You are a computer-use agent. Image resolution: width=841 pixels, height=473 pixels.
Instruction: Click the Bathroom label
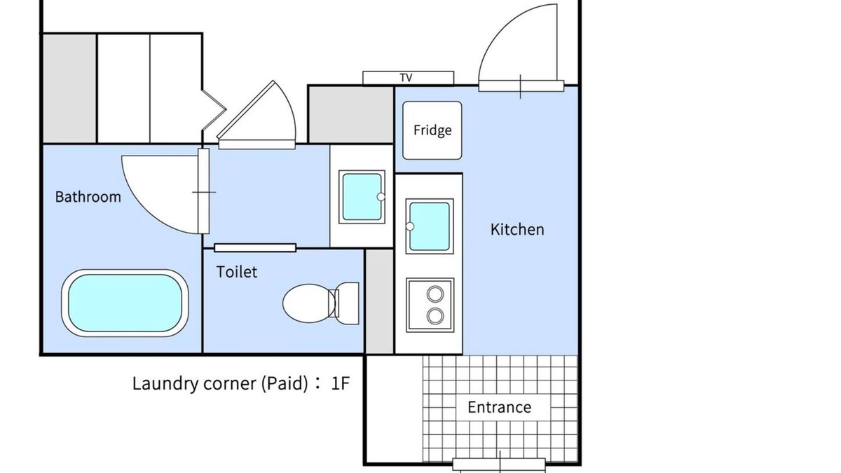click(x=88, y=197)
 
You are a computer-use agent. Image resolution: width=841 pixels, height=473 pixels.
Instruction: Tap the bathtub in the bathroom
click(x=125, y=303)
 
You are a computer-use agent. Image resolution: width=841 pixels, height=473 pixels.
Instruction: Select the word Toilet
click(x=237, y=272)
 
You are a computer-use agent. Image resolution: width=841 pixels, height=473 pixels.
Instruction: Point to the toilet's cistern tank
click(x=348, y=303)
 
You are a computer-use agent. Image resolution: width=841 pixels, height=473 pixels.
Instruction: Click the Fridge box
click(x=432, y=130)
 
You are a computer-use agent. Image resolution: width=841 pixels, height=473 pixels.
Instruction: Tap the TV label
click(x=406, y=78)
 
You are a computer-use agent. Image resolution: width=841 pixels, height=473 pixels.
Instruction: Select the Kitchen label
click(x=517, y=229)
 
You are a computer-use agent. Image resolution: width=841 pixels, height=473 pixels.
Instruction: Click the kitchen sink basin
click(x=430, y=226)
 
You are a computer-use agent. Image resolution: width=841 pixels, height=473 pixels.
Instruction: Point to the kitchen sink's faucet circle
click(x=410, y=226)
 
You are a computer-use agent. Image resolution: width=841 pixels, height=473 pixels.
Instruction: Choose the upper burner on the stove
click(x=435, y=294)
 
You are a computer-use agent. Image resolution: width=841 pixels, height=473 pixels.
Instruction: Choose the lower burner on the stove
click(x=435, y=316)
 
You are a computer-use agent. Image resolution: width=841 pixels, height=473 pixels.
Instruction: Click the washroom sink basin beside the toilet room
click(x=362, y=197)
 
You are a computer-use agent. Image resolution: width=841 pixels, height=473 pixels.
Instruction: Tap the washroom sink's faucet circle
click(x=381, y=197)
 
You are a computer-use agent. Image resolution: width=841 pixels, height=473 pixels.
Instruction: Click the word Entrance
click(x=499, y=407)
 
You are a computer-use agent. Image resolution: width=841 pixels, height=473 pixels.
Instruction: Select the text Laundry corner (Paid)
click(x=220, y=383)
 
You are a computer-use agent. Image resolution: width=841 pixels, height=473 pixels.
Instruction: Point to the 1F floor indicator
click(x=340, y=383)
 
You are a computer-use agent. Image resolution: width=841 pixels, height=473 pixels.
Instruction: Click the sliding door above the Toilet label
click(x=255, y=248)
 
